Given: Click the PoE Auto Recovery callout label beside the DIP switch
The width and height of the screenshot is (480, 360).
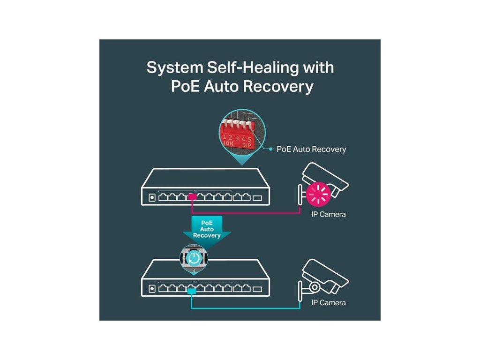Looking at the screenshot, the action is click(x=311, y=149).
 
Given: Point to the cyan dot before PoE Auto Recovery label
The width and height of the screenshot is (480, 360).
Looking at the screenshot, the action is click(x=270, y=149).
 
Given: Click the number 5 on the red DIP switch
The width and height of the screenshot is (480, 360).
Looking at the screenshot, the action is click(x=250, y=138).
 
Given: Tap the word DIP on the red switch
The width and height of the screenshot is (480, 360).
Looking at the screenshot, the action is click(x=247, y=145).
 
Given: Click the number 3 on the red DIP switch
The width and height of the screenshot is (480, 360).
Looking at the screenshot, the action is click(x=238, y=138).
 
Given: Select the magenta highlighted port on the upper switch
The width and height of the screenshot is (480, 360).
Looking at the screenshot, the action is click(x=192, y=197).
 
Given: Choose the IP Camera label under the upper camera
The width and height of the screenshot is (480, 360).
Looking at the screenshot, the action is click(x=329, y=214).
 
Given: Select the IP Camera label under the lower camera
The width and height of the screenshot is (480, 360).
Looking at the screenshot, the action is click(x=329, y=302).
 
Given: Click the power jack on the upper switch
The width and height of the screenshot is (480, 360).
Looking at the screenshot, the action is click(x=152, y=197).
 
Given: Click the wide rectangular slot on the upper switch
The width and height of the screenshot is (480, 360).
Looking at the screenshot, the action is click(x=257, y=197).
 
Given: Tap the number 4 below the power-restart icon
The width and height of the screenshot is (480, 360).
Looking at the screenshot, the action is click(x=194, y=271).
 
